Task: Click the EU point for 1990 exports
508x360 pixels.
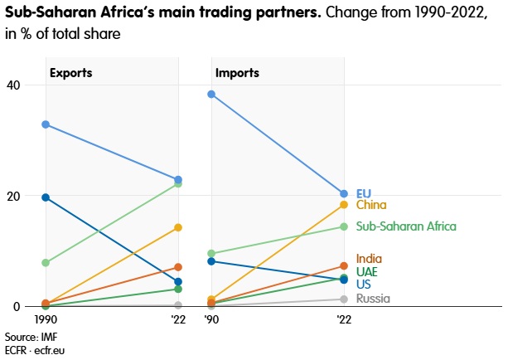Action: (46, 124)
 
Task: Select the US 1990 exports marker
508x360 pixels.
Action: (46, 197)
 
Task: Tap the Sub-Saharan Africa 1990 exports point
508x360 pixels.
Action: (46, 263)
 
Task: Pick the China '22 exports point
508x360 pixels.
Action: (178, 227)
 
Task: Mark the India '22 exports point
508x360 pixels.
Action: (178, 267)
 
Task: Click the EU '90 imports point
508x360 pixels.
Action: (211, 94)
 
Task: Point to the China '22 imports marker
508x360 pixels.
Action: (344, 204)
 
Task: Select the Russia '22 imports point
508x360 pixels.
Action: (344, 299)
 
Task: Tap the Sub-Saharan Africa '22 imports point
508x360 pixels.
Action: (344, 226)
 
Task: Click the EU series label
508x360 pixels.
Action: (363, 193)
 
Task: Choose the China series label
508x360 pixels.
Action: (371, 205)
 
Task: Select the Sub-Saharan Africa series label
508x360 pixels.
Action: (406, 226)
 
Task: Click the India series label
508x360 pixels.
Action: (369, 259)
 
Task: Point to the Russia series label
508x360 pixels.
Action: (372, 299)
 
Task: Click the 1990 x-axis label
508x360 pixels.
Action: (46, 319)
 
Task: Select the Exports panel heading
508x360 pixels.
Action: (70, 72)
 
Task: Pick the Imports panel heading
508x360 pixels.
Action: (237, 72)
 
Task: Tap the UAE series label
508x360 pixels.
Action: (368, 271)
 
